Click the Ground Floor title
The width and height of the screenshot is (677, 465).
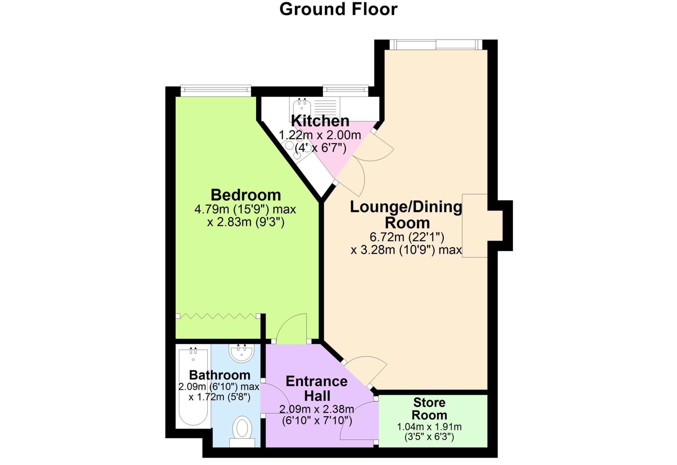tap(338, 9)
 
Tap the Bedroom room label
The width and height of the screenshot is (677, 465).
tap(246, 195)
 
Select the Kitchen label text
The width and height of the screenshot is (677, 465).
tap(320, 121)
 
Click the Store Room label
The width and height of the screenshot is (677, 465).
tap(429, 409)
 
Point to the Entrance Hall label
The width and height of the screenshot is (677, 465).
tap(317, 388)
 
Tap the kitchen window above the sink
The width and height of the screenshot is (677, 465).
tap(345, 90)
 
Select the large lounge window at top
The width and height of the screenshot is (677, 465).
tap(436, 45)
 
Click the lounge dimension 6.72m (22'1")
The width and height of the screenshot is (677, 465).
tap(406, 237)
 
